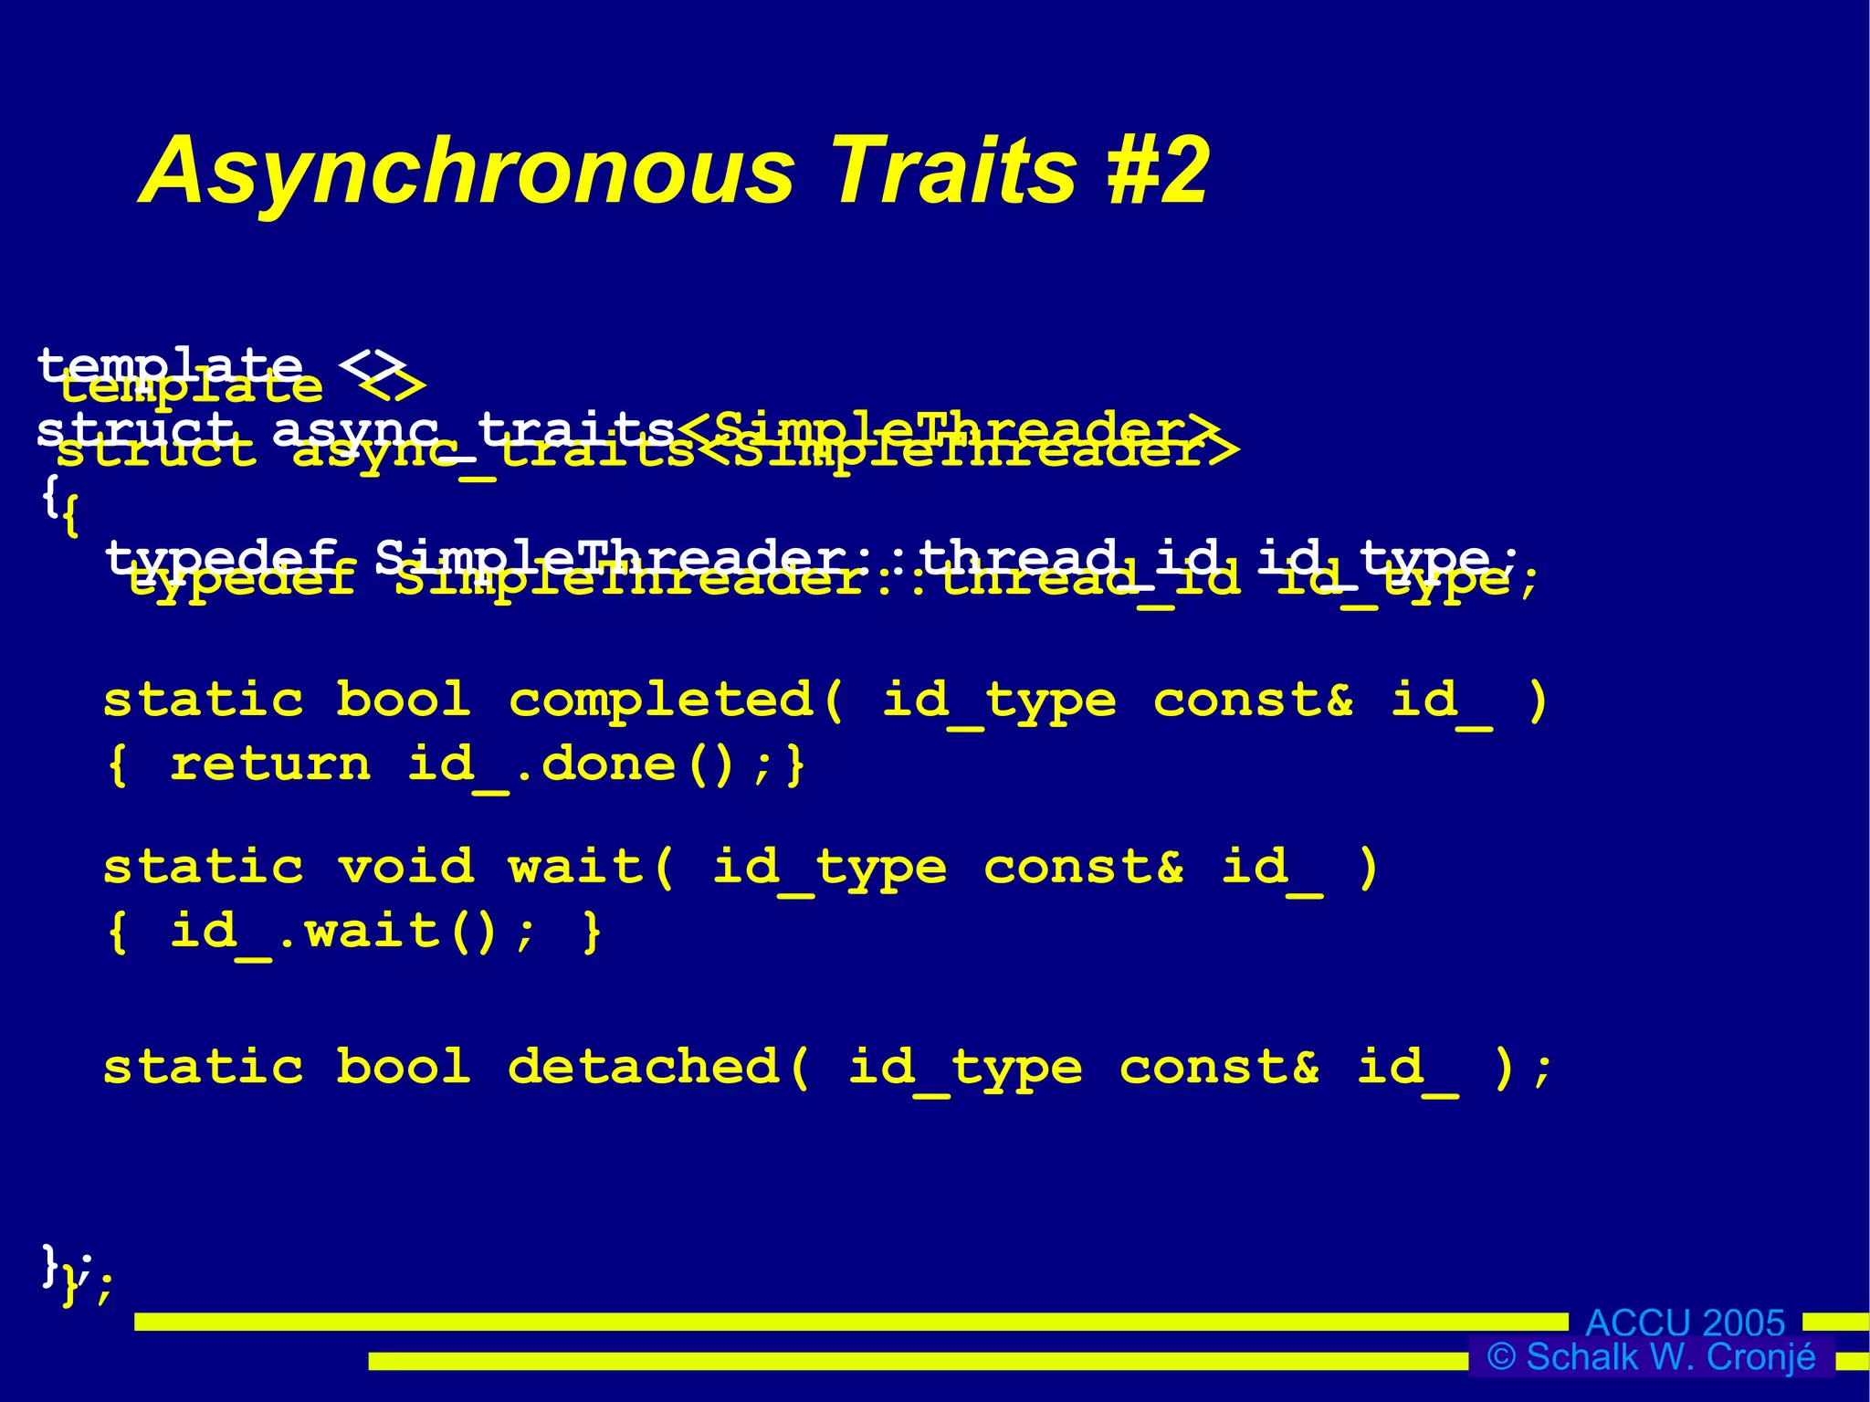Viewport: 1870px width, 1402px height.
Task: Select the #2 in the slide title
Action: click(1158, 171)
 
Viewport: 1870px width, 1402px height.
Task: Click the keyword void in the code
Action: click(405, 866)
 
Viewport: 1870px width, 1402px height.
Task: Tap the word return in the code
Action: click(271, 764)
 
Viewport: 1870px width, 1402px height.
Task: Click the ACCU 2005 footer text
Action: click(1685, 1323)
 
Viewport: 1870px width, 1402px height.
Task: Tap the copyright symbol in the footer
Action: click(1500, 1357)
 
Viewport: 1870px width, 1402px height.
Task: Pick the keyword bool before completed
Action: click(404, 701)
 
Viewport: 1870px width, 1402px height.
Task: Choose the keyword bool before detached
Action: click(404, 1067)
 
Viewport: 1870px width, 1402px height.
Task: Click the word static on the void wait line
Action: click(203, 866)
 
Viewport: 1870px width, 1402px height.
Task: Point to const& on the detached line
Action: click(1219, 1067)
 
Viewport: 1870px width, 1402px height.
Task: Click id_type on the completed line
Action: click(998, 701)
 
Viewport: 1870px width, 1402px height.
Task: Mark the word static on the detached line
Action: click(203, 1067)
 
